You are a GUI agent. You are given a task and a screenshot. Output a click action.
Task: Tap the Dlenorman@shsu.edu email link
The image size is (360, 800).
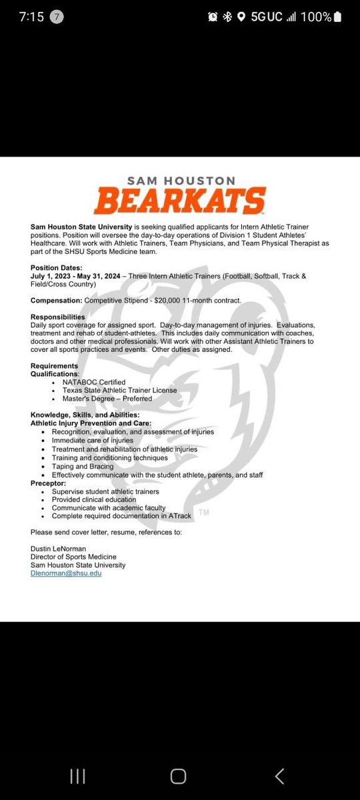click(66, 573)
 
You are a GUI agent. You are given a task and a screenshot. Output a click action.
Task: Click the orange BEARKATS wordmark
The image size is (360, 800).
click(180, 200)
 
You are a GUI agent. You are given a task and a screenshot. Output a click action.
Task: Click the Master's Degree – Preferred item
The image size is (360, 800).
click(101, 399)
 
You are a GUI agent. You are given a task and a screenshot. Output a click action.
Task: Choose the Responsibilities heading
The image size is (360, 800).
click(58, 317)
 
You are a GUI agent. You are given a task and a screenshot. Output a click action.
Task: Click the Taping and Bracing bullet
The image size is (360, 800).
click(82, 467)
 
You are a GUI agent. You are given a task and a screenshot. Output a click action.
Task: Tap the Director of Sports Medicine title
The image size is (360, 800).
click(73, 557)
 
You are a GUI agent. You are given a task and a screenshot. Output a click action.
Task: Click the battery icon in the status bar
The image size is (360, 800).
click(339, 17)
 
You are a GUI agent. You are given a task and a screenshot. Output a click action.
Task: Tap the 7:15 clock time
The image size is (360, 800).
click(31, 17)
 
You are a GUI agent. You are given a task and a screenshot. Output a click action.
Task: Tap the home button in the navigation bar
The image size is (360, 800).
click(179, 775)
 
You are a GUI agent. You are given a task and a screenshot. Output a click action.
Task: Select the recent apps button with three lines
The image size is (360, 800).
click(77, 775)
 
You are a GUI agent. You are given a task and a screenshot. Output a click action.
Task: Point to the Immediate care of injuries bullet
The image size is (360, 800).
click(92, 441)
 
